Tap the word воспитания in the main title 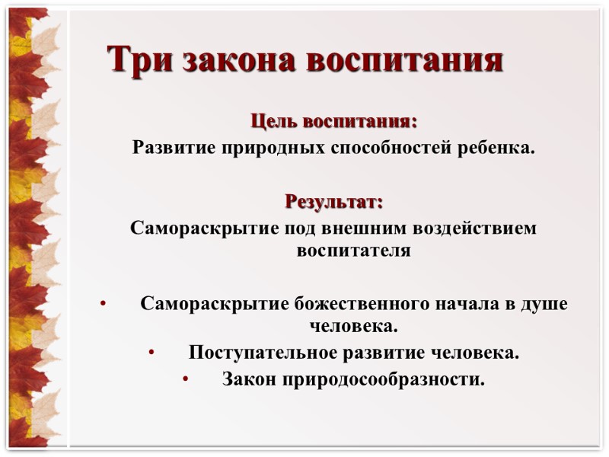404,59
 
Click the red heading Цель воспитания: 333,121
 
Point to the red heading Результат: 334,202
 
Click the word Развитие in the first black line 173,147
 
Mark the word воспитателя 353,250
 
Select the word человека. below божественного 354,327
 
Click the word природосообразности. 382,379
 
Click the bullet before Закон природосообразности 185,379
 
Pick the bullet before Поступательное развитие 151,353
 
